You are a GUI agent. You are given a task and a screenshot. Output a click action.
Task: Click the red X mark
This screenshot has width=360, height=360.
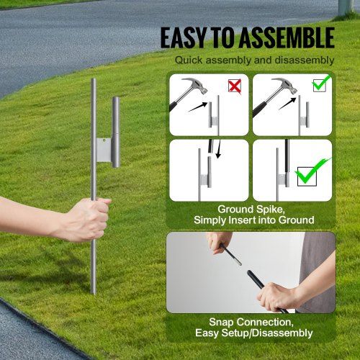coord(235,86)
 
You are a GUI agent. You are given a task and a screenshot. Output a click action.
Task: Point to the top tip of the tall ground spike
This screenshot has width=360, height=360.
coord(94,81)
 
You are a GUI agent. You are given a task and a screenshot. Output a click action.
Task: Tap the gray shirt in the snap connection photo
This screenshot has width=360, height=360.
coord(317,259)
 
